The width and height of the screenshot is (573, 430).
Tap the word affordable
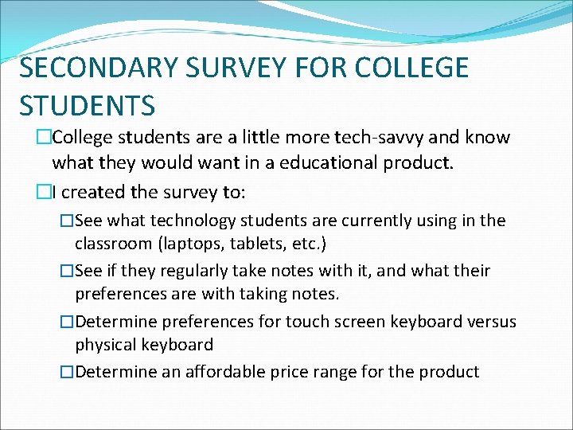tap(229, 372)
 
